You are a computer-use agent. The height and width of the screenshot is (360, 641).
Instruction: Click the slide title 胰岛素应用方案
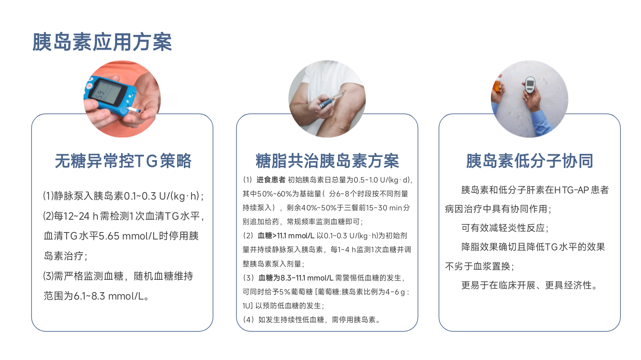click(x=102, y=42)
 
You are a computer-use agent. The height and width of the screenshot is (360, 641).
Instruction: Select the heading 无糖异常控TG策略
click(x=123, y=161)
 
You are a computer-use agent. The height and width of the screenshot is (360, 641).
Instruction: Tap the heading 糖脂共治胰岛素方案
click(x=327, y=161)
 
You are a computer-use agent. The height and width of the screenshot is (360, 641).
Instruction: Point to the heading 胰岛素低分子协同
click(x=530, y=161)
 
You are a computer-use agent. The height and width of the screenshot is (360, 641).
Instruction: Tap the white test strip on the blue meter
click(x=134, y=110)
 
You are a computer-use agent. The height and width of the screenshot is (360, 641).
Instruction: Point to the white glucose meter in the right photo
click(x=530, y=85)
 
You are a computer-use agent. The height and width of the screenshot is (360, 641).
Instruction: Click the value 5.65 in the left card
click(x=109, y=236)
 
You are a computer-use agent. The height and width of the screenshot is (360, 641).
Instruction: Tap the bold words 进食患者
click(x=271, y=180)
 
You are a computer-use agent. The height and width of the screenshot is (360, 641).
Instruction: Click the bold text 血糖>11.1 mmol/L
click(x=286, y=236)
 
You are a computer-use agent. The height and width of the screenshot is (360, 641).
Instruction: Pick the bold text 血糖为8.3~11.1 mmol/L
click(x=295, y=278)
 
